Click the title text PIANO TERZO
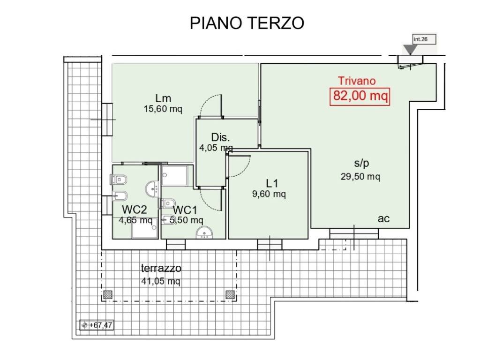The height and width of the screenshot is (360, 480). click(x=247, y=23)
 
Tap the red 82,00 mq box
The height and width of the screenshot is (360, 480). click(x=360, y=96)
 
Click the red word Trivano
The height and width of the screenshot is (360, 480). click(x=357, y=81)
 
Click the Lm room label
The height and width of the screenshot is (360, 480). click(x=163, y=98)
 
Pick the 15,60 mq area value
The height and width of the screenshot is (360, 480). click(x=163, y=109)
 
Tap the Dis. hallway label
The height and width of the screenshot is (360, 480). click(x=220, y=137)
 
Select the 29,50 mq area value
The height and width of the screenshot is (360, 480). click(x=360, y=177)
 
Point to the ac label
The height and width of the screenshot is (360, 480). click(x=384, y=219)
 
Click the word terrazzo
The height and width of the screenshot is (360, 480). click(x=161, y=269)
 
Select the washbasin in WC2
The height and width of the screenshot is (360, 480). click(x=152, y=189)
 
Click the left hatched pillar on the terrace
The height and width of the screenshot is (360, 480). click(x=108, y=294)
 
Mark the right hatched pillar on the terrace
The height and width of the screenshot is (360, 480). click(x=230, y=294)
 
